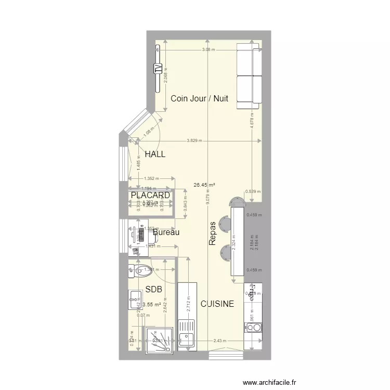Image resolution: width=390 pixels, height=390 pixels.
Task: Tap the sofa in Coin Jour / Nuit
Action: (x=249, y=76)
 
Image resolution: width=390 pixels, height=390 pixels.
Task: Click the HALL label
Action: (x=155, y=154)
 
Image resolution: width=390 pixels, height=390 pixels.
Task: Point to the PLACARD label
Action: (x=150, y=195)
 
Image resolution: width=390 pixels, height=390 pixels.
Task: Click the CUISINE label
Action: (x=217, y=304)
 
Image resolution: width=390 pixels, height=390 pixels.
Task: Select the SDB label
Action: (x=153, y=289)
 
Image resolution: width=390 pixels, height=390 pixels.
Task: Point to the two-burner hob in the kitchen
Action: (x=253, y=328)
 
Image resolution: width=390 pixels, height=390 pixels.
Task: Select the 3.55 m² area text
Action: (x=151, y=305)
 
